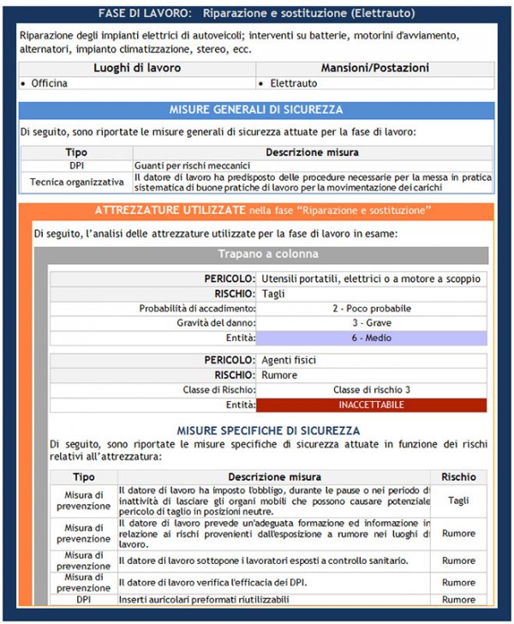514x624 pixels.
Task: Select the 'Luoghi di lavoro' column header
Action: point(137,68)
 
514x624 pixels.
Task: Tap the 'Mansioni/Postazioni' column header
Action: point(374,68)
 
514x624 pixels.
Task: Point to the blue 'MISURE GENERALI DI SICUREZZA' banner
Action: point(256,110)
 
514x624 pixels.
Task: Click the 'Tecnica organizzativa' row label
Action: point(76,183)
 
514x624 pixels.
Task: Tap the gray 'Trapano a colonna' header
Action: point(268,254)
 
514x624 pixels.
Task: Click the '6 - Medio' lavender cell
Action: point(371,339)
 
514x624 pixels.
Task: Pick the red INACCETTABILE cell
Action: point(371,405)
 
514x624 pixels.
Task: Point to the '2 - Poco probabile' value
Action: point(371,308)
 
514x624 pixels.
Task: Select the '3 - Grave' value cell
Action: point(371,323)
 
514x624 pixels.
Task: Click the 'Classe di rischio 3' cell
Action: point(371,390)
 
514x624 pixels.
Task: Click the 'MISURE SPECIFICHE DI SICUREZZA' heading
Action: point(268,430)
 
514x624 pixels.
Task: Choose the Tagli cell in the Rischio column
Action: point(458,501)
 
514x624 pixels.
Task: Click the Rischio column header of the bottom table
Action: point(458,477)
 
